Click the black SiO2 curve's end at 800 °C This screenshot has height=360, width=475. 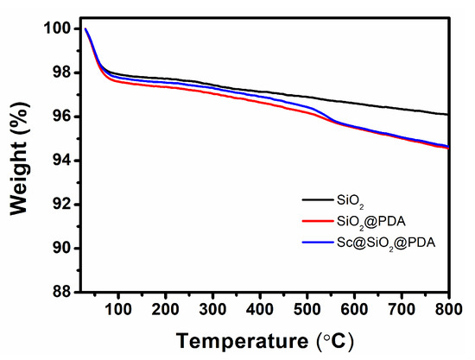click(447, 114)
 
